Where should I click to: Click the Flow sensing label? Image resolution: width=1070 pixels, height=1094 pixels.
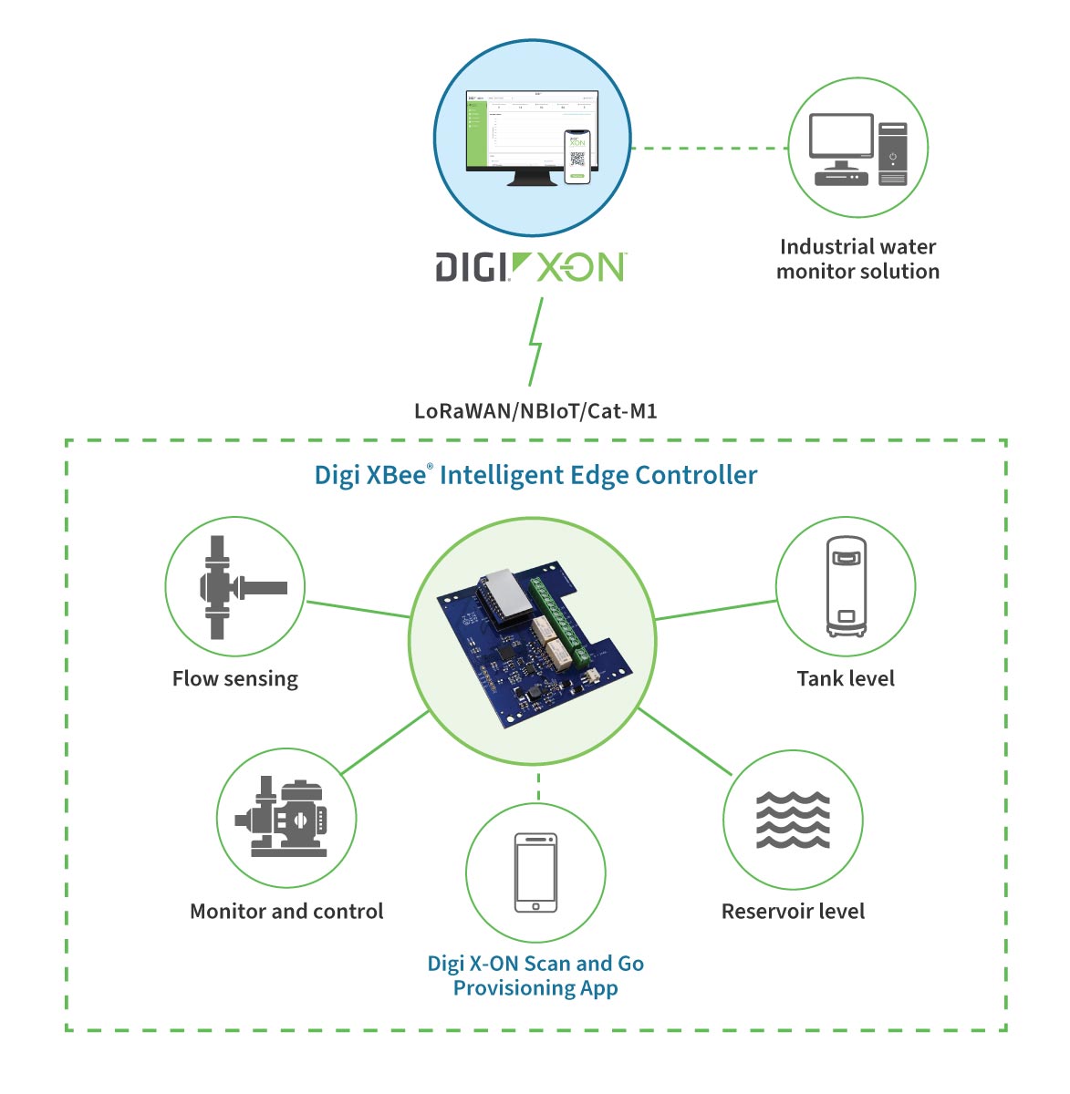(x=235, y=679)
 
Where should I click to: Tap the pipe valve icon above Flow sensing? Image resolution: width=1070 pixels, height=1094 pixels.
(x=234, y=587)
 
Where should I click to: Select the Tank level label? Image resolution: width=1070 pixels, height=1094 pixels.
(x=846, y=679)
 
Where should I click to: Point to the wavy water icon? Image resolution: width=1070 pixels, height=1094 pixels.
(x=793, y=820)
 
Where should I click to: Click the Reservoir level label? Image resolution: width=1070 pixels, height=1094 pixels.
(x=793, y=912)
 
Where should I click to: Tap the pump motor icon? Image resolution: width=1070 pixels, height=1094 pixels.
(x=285, y=818)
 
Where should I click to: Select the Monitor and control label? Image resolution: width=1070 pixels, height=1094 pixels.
(x=286, y=912)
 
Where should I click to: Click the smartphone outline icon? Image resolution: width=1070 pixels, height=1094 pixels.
(x=535, y=872)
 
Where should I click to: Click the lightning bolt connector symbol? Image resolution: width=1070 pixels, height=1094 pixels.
(x=536, y=343)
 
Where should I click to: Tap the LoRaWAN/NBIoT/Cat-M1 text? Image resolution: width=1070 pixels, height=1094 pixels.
(x=535, y=411)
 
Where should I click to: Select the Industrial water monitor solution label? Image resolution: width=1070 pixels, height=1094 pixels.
(x=857, y=259)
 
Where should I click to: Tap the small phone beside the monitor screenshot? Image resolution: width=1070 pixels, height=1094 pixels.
(x=577, y=156)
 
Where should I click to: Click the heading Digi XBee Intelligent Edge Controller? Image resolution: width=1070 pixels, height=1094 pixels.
(x=535, y=476)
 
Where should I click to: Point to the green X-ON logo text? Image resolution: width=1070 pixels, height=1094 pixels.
(x=580, y=268)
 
